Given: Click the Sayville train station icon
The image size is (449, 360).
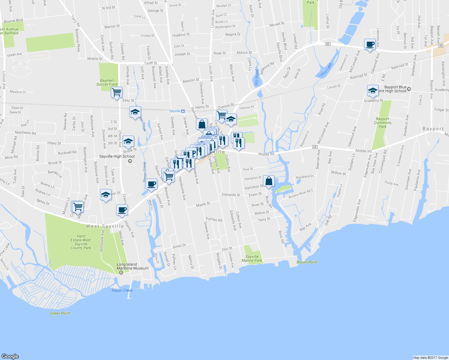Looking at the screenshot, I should click(183, 111).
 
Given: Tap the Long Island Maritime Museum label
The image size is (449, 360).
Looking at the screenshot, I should click(132, 266).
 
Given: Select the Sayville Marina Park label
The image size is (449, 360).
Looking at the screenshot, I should click(252, 259).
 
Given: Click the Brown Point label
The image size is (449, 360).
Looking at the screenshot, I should click(307, 262).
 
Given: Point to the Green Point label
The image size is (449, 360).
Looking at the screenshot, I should click(60, 313).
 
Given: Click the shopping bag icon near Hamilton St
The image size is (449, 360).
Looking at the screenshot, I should click(269, 181).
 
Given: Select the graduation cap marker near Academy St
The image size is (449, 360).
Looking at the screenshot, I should click(373, 91).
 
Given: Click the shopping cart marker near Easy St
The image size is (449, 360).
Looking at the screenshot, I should click(116, 92).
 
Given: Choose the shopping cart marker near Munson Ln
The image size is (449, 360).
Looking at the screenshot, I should click(78, 206).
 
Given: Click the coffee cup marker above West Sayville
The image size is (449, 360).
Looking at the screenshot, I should click(122, 210).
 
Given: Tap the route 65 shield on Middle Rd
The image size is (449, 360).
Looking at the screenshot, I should click(315, 147).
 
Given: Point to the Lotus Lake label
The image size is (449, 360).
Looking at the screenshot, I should click(325, 70).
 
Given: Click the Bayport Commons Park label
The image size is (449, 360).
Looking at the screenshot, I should click(382, 123).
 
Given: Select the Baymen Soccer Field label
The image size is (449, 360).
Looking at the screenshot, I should click(107, 82).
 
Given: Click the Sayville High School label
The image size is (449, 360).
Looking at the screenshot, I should click(117, 156).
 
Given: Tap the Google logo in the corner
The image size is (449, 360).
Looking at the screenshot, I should click(10, 356).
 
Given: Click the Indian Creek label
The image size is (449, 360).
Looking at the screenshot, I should click(122, 290).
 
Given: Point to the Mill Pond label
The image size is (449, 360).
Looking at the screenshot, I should click(257, 78).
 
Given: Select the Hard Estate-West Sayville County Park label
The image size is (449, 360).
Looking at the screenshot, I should click(81, 242).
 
